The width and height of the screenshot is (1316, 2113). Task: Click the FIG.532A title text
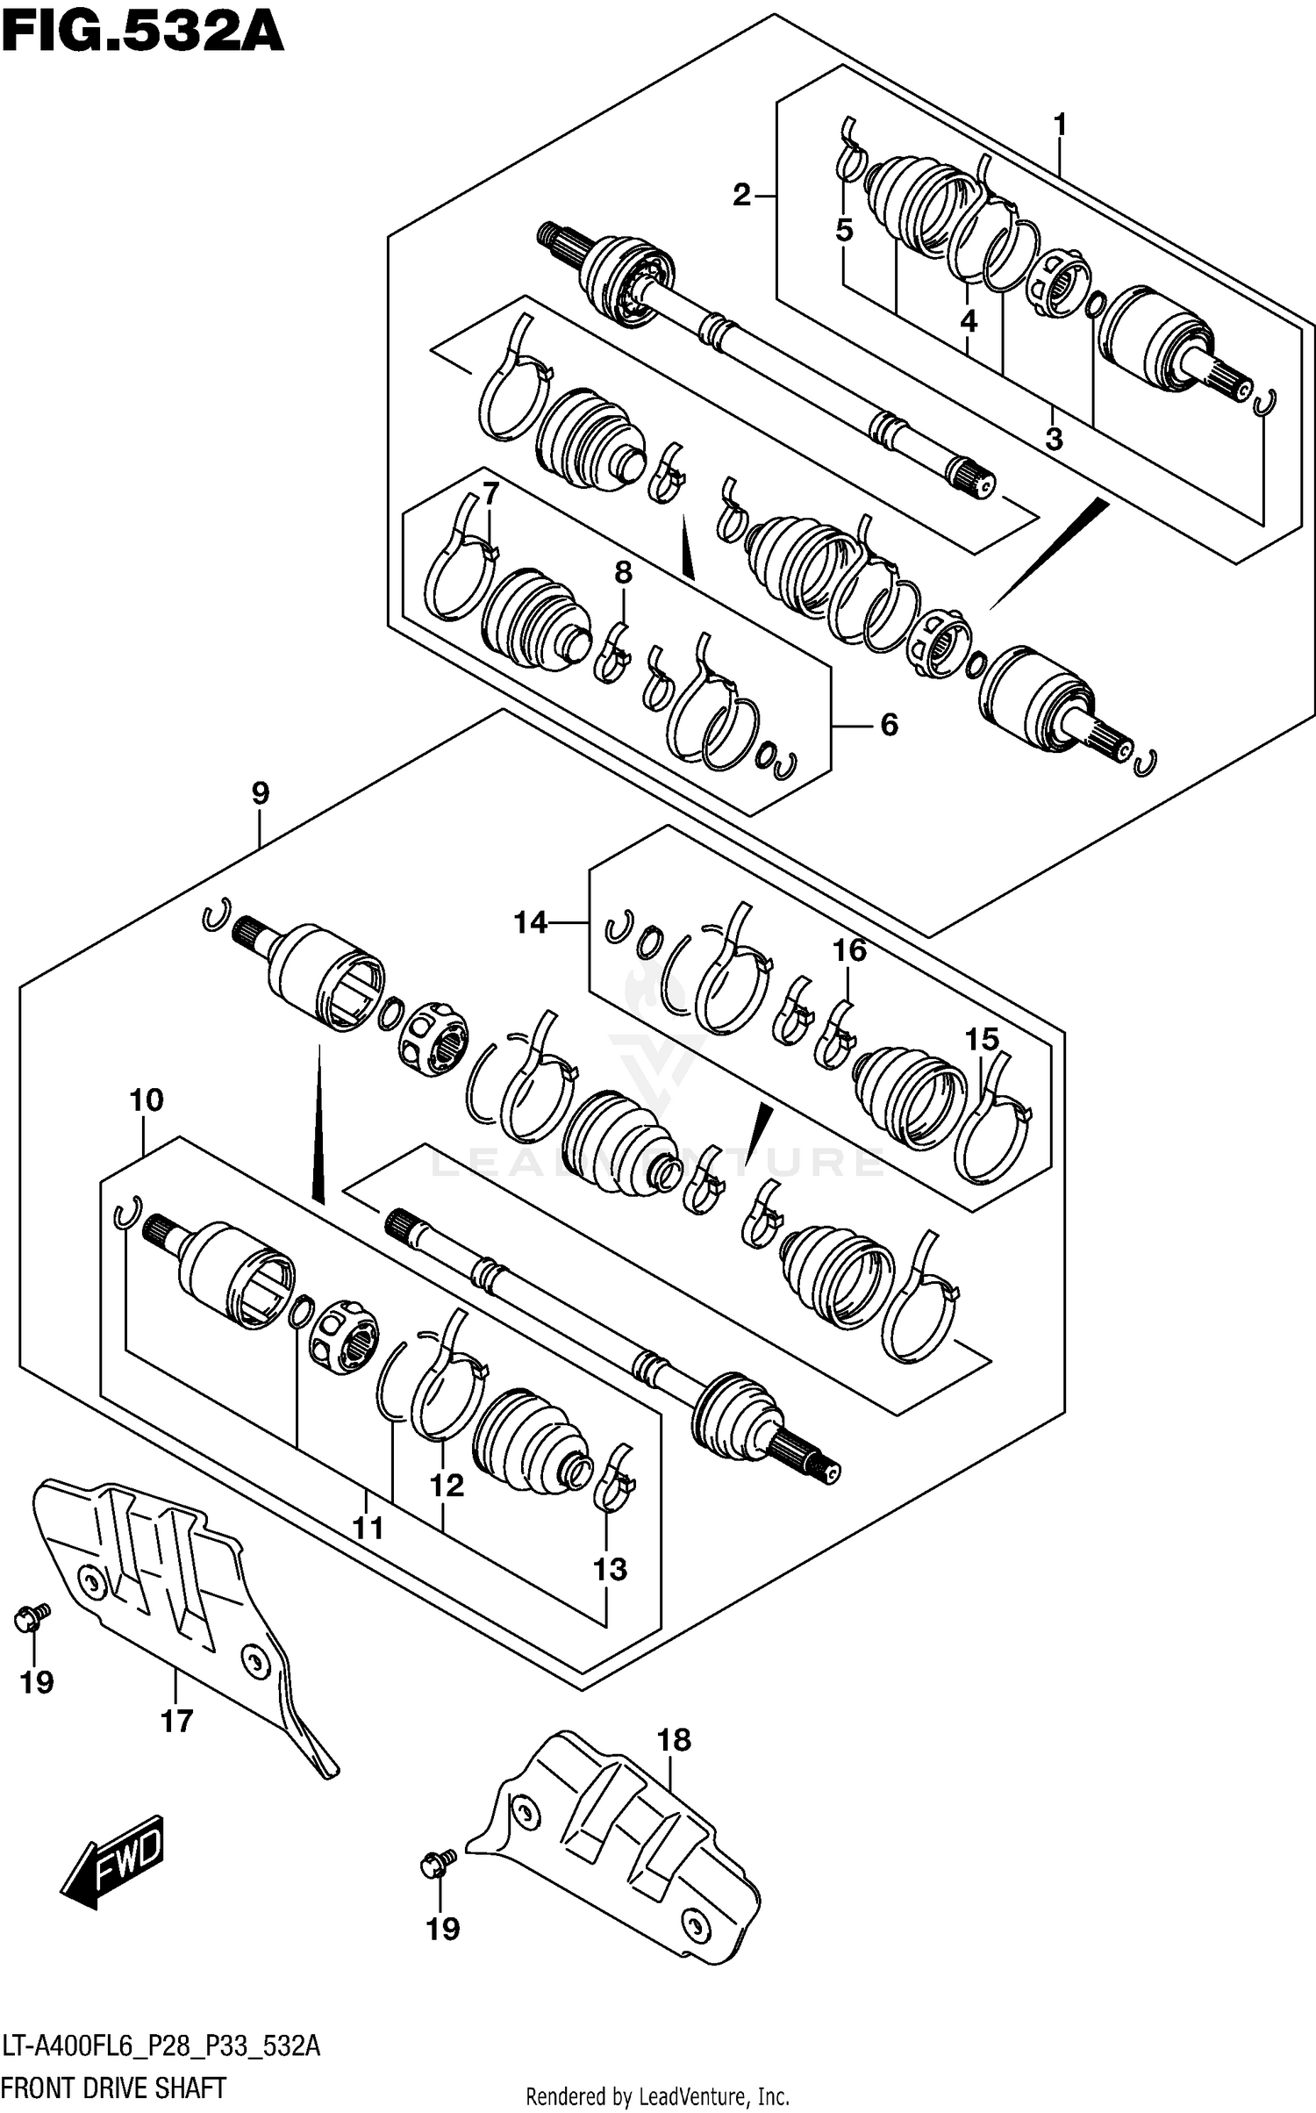pos(143,33)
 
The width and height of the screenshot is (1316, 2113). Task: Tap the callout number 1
pos(1060,126)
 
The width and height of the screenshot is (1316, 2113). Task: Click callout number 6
pos(889,725)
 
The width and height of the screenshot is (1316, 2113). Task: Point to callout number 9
pos(260,793)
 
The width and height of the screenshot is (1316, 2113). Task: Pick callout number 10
pos(147,1099)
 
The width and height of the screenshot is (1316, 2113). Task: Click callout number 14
pos(531,922)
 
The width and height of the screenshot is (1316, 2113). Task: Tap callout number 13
pos(610,1569)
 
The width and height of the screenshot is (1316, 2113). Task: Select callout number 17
pos(176,1721)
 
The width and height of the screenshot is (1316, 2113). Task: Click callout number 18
pos(674,1739)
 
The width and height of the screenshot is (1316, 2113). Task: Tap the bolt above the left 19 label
pos(33,1615)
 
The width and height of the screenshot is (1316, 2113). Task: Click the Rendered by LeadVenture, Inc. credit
pos(657,2096)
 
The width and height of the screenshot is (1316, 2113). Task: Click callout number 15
pos(982,1040)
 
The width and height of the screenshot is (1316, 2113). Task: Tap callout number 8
pos(622,573)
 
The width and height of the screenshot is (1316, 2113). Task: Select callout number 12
pos(446,1486)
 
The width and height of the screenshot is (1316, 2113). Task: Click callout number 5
pos(843,231)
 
